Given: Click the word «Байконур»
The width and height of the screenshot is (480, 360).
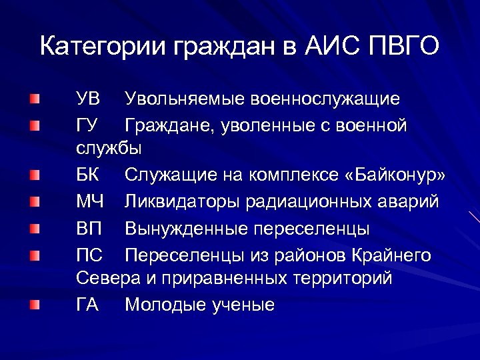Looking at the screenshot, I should click(x=394, y=175).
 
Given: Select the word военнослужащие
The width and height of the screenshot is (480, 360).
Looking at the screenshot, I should click(x=325, y=99).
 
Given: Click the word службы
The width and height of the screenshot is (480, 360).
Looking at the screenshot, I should click(x=109, y=147).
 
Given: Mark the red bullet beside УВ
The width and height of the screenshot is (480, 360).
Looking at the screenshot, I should click(x=35, y=99).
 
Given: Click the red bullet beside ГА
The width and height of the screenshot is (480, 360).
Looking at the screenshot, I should click(x=35, y=305).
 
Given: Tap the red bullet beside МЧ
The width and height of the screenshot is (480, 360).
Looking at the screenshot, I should click(x=35, y=201).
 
